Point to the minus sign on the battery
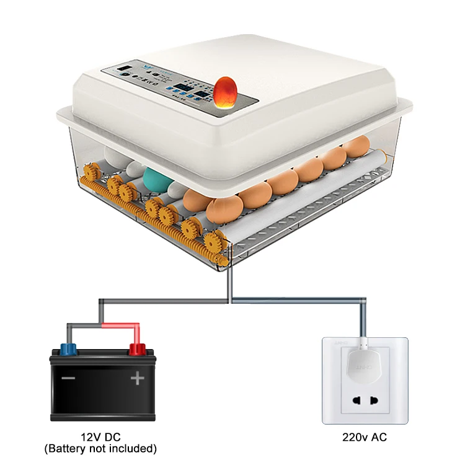tap(69, 378)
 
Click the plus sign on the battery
tap(136, 378)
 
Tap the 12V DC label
tap(100, 436)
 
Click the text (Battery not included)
tap(100, 448)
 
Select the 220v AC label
tap(365, 438)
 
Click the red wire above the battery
tap(118, 324)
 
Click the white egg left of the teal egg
tap(135, 169)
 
